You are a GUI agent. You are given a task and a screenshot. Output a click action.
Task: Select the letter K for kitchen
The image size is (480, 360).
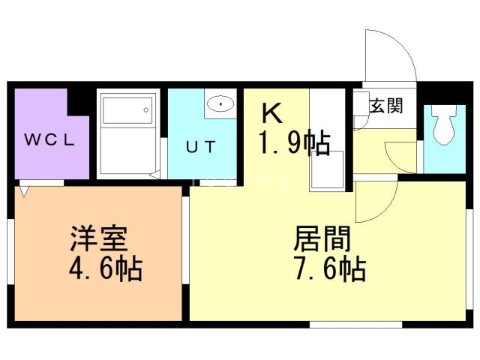coord(271,114)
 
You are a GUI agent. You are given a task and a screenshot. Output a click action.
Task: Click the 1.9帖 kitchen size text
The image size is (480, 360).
coord(294,142)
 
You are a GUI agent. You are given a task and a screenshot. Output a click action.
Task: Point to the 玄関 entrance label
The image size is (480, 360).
coord(386,106)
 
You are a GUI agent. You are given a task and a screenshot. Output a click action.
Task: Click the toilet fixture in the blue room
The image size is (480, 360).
coord(443,125)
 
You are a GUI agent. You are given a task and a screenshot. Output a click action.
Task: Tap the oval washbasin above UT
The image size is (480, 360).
coord(220,104)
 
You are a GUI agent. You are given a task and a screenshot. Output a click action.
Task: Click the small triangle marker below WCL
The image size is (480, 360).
coord(25,191)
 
